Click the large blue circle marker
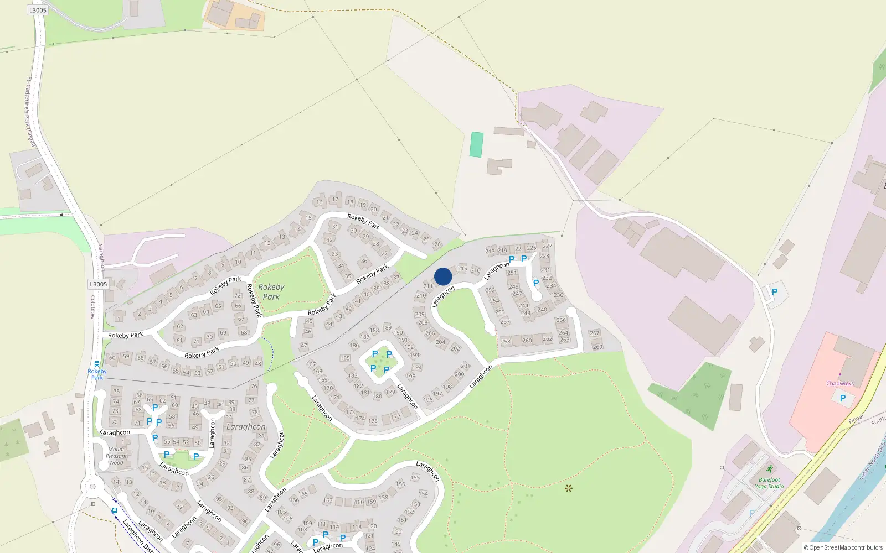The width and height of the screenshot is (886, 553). pos(443,276)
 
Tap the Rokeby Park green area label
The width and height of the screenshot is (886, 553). pos(271,291)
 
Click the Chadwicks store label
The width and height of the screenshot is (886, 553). pos(839,383)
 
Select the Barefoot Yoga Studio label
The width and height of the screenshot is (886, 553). pos(769,483)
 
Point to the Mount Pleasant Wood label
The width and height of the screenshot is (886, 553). pos(116,456)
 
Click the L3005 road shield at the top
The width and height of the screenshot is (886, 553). pos(38,10)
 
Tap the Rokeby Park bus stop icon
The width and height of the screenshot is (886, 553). pos(97,364)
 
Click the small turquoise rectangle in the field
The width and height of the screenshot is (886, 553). pos(476,144)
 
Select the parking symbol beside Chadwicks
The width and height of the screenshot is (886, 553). pos(843,398)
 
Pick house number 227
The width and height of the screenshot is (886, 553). pos(547,246)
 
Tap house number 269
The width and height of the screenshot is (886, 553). pos(597,347)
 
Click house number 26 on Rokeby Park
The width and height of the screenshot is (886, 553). pos(437,244)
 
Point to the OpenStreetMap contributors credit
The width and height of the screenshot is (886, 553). pos(843,547)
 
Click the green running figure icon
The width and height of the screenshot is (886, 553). pos(769,469)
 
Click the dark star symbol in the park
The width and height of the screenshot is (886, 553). pos(568,488)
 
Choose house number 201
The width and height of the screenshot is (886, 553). pos(465,366)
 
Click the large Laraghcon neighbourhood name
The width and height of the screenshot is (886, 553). pos(246,427)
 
